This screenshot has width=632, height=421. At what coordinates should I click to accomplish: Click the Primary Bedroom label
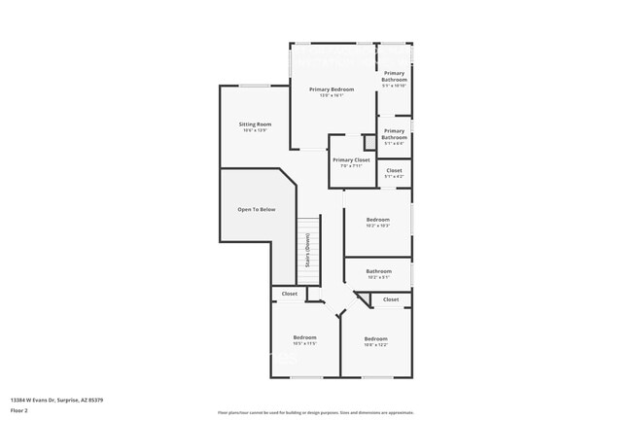[332, 89]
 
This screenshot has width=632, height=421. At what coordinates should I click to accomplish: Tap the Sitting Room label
[255, 124]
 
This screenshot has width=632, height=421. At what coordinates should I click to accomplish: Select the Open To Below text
[257, 209]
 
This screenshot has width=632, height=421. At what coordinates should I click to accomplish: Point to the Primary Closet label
[351, 159]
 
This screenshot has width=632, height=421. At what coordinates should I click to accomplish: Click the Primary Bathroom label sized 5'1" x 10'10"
[394, 76]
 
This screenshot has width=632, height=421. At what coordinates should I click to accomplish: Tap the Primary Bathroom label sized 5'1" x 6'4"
[394, 133]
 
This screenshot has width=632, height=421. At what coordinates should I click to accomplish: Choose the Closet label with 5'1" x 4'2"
[394, 170]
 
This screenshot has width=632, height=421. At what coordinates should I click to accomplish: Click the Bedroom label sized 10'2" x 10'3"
[377, 220]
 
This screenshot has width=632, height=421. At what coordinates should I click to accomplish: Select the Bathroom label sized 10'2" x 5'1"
[378, 271]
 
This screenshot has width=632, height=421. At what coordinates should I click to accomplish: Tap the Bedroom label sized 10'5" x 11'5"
[305, 337]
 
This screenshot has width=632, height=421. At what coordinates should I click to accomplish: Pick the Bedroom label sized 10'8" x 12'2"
[375, 338]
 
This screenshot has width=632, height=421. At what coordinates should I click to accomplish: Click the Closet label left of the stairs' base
[290, 294]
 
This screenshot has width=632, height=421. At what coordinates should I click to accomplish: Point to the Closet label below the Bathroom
[391, 299]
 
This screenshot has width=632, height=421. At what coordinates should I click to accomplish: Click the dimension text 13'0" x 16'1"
[332, 95]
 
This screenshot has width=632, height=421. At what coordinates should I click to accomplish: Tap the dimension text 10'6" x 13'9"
[255, 130]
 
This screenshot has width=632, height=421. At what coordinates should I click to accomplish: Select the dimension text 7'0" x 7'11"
[351, 165]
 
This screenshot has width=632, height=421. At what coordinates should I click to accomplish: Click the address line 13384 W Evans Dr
[57, 400]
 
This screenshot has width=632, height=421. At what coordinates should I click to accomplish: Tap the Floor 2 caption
[19, 411]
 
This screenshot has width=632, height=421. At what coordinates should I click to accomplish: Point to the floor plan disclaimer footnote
[316, 412]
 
